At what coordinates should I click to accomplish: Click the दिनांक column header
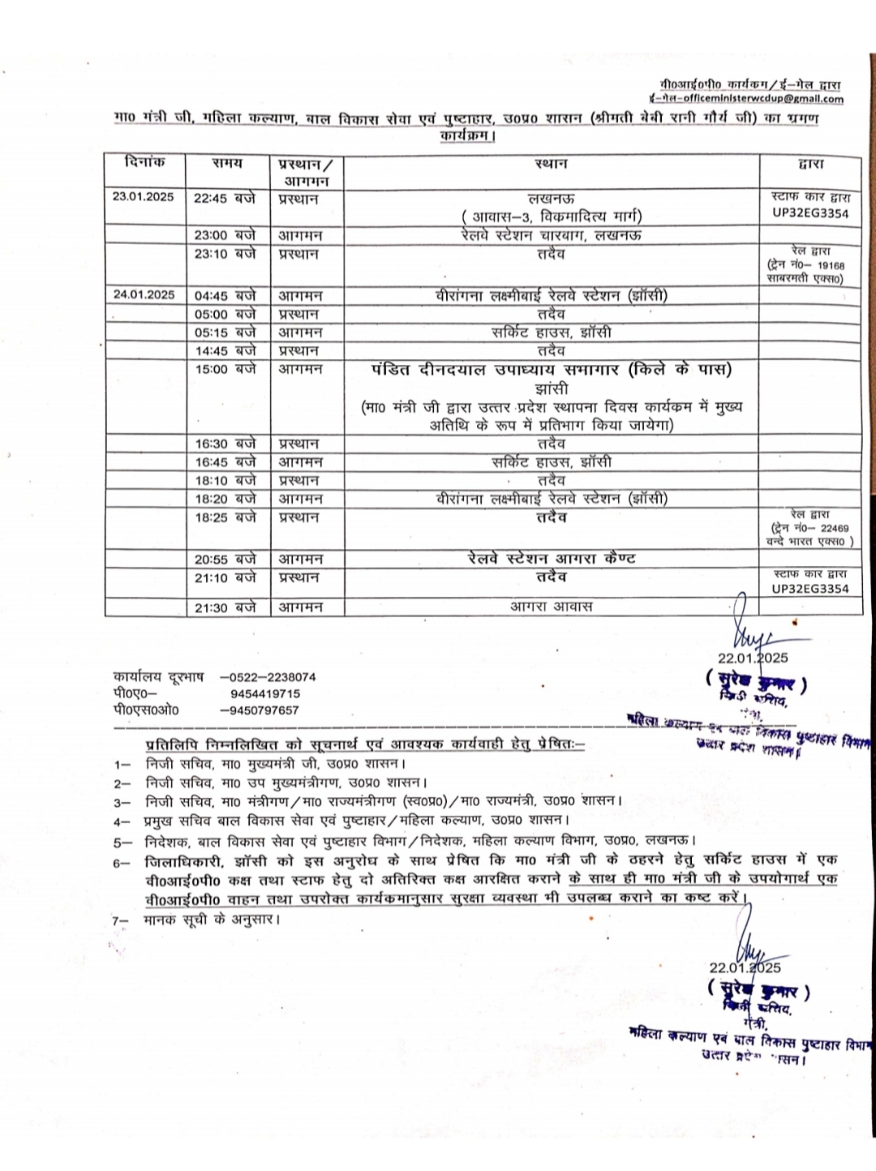[x=145, y=162]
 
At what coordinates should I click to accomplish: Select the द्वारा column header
[x=810, y=164]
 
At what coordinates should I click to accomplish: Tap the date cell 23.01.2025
[x=144, y=197]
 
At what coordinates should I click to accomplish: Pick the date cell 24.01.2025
[x=144, y=295]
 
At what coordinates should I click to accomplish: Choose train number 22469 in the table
[x=831, y=528]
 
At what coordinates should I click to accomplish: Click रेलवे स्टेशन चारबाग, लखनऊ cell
[x=551, y=235]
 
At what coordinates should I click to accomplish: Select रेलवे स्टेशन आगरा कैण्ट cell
[x=551, y=559]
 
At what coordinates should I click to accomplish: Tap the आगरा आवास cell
[x=551, y=607]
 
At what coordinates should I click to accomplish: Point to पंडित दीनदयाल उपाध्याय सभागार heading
[x=551, y=370]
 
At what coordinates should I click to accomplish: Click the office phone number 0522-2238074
[x=268, y=677]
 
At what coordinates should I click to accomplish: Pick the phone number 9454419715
[x=265, y=694]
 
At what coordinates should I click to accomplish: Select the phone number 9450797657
[x=260, y=710]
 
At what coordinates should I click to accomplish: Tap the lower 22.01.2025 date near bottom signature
[x=745, y=967]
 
